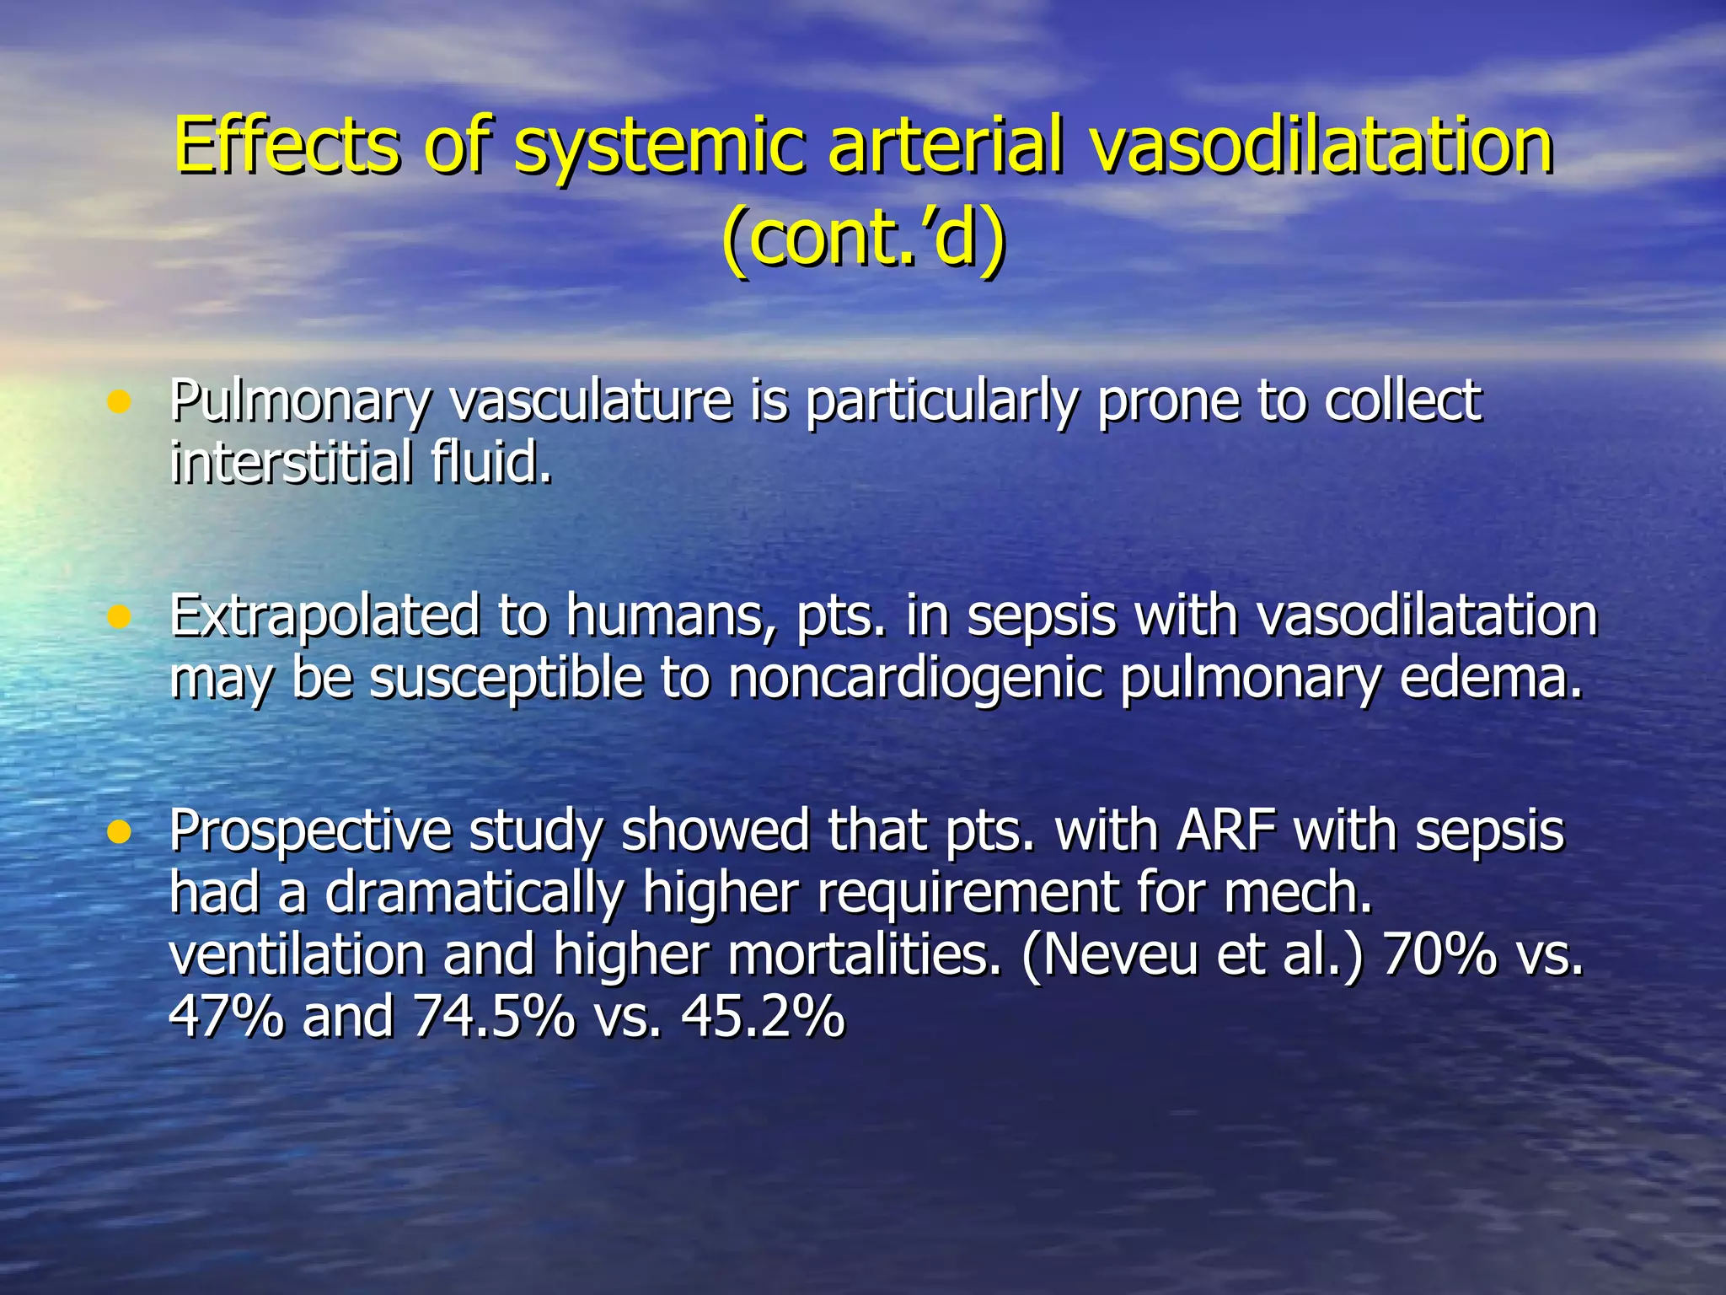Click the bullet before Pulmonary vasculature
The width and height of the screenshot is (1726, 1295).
coord(120,402)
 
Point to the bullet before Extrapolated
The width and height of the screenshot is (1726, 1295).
coord(120,618)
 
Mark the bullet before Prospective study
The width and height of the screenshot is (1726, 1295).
coord(120,833)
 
